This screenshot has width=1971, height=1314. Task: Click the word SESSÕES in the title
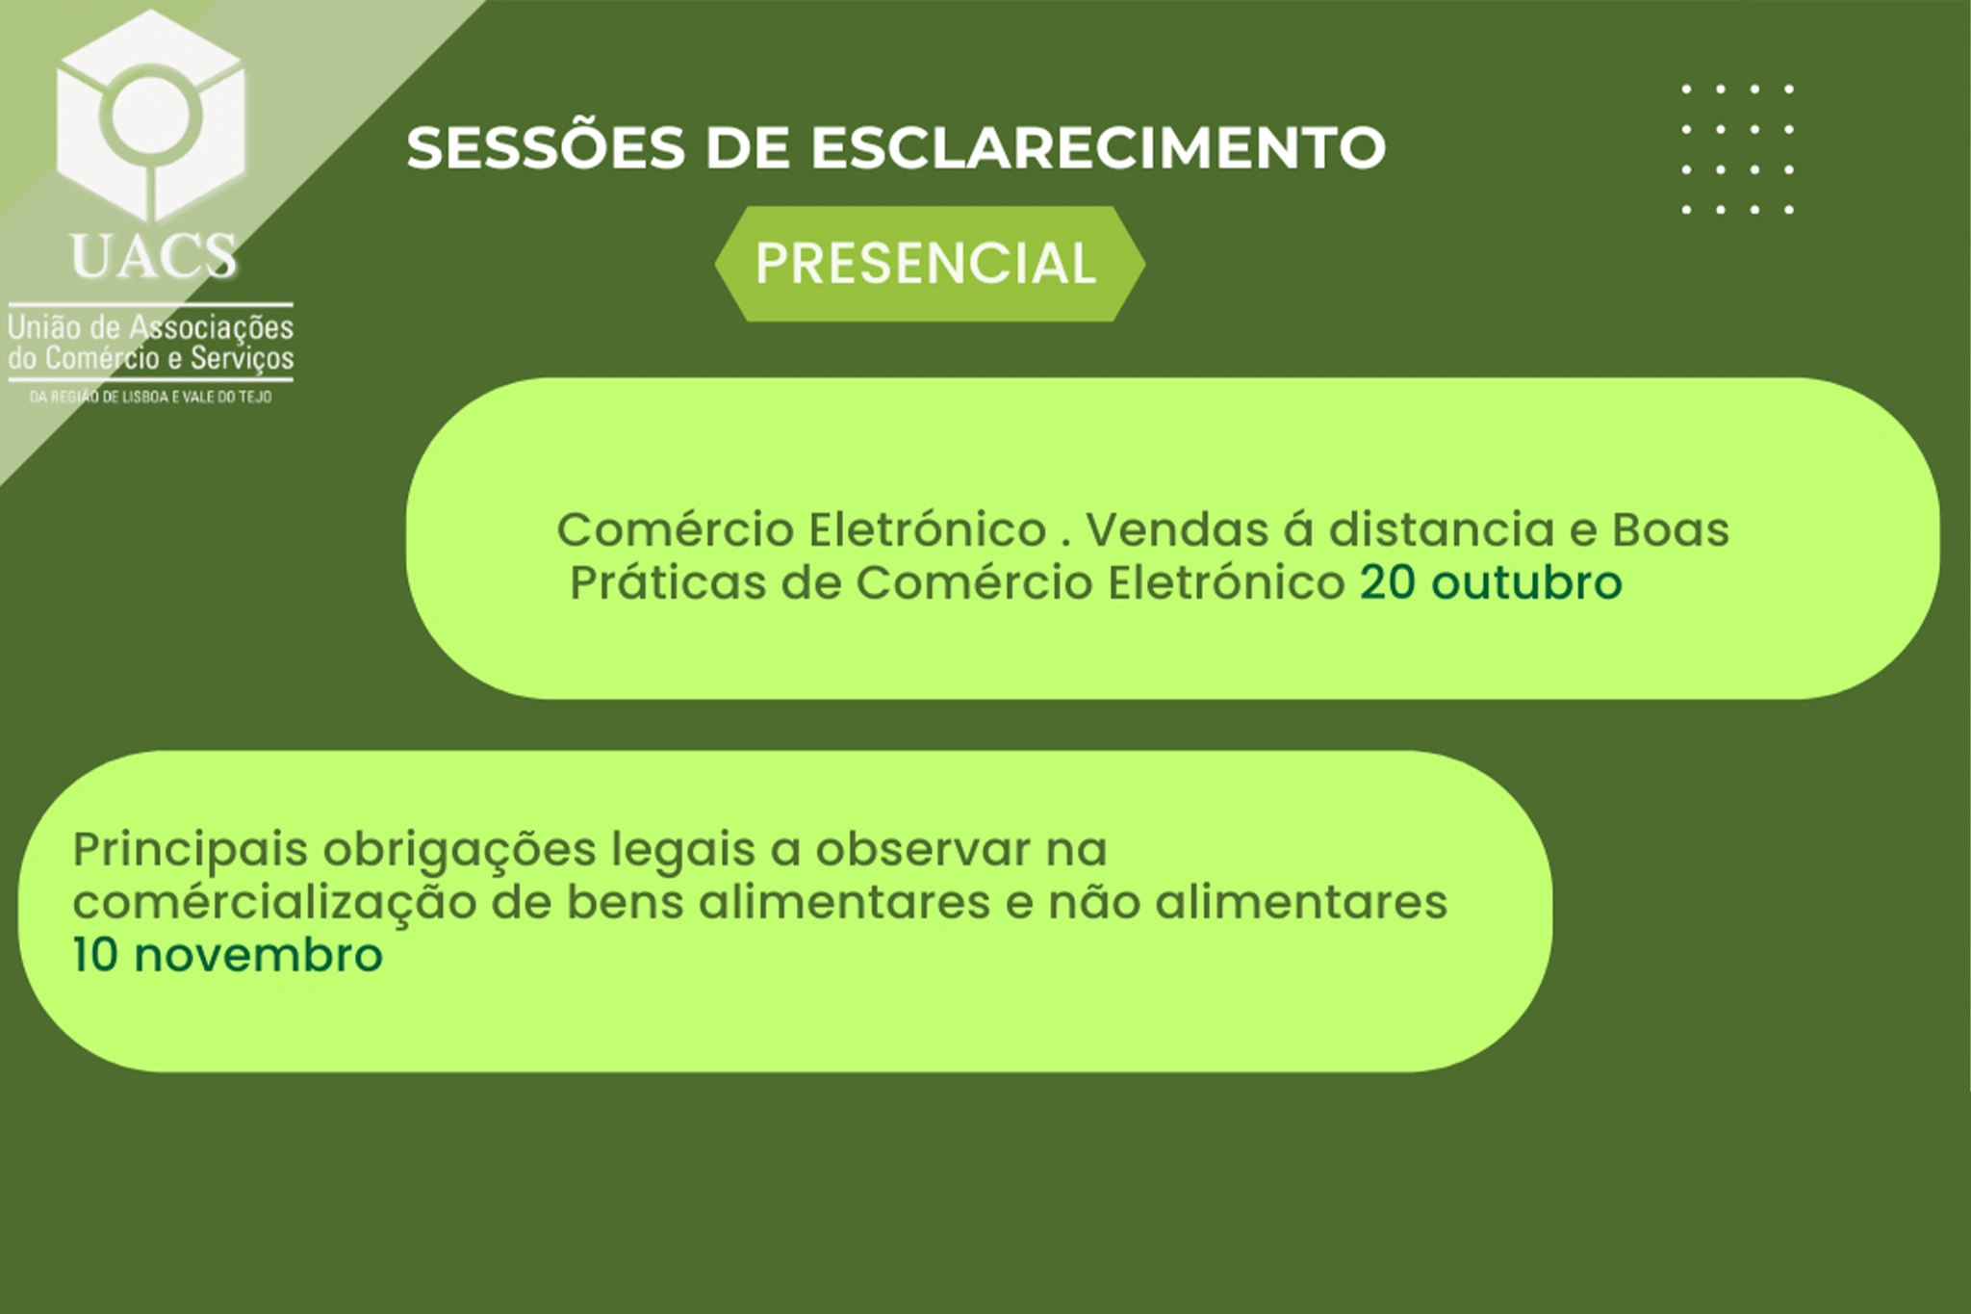tap(546, 147)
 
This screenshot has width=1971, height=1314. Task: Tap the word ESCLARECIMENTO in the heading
tap(1097, 148)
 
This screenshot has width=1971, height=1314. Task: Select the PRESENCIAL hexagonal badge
tap(930, 264)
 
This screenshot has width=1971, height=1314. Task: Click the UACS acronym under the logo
tap(154, 256)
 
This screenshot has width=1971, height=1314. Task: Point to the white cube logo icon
tap(151, 116)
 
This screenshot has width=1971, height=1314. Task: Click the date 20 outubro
tap(1491, 582)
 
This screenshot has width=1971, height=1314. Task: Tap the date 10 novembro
tap(228, 955)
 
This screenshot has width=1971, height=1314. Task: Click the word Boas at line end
tap(1671, 529)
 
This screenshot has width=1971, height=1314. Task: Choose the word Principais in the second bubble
tap(190, 850)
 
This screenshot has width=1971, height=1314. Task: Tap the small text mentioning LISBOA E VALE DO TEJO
tap(151, 397)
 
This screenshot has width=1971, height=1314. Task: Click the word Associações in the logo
tap(212, 328)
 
